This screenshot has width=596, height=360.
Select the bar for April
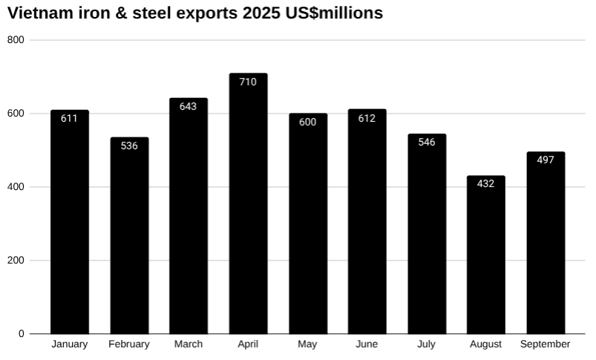(x=248, y=204)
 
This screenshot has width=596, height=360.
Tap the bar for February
(x=129, y=235)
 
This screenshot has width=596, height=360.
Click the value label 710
(x=248, y=82)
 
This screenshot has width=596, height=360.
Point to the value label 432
(x=485, y=183)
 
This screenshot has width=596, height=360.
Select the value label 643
(x=189, y=106)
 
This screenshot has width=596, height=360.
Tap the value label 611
(x=69, y=118)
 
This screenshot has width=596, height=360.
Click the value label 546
(x=426, y=142)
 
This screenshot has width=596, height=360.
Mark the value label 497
(x=546, y=160)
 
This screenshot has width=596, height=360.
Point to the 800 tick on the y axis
(x=16, y=40)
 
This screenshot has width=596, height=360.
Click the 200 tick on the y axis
(x=16, y=261)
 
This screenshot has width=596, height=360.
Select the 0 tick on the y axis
(x=22, y=334)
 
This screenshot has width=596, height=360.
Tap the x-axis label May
(x=307, y=344)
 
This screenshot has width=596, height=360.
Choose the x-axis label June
(x=367, y=344)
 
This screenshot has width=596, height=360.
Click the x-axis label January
(x=69, y=344)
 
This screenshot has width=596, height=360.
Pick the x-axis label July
(x=426, y=344)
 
